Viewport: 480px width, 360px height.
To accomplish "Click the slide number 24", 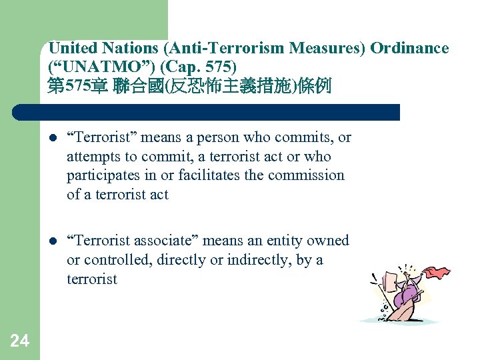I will point(20,341).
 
